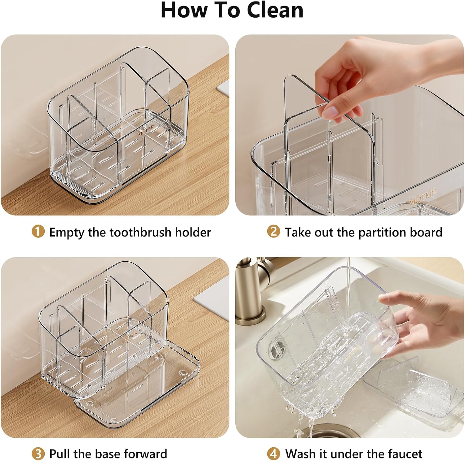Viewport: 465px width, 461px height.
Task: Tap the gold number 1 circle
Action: click(x=38, y=232)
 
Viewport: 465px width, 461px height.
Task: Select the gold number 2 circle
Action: click(x=273, y=232)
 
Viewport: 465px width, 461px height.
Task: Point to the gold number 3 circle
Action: click(x=38, y=454)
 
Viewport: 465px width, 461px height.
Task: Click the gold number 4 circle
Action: click(x=273, y=454)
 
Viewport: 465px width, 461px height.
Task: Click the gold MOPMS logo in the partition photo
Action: click(x=423, y=198)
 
